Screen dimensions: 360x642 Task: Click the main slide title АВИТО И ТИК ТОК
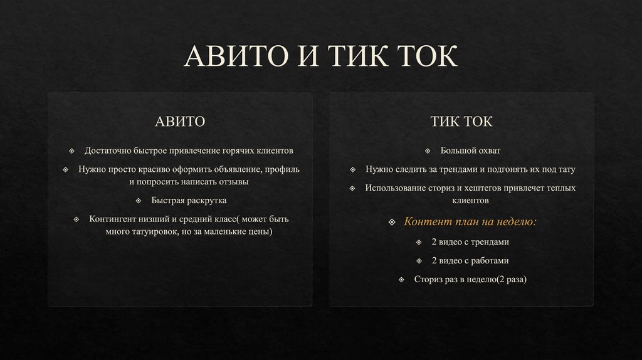pyautogui.click(x=321, y=58)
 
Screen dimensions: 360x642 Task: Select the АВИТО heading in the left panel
pyautogui.click(x=180, y=121)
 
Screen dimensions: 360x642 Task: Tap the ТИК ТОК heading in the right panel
pyautogui.click(x=461, y=121)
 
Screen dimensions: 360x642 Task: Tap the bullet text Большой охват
pyautogui.click(x=470, y=151)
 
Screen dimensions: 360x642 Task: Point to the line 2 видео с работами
pyautogui.click(x=470, y=260)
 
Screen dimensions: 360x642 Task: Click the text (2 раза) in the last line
pyautogui.click(x=511, y=279)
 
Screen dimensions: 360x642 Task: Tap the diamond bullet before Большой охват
pyautogui.click(x=427, y=151)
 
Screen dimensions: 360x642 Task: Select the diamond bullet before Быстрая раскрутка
pyautogui.click(x=138, y=201)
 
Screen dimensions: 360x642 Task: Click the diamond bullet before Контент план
pyautogui.click(x=392, y=223)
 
